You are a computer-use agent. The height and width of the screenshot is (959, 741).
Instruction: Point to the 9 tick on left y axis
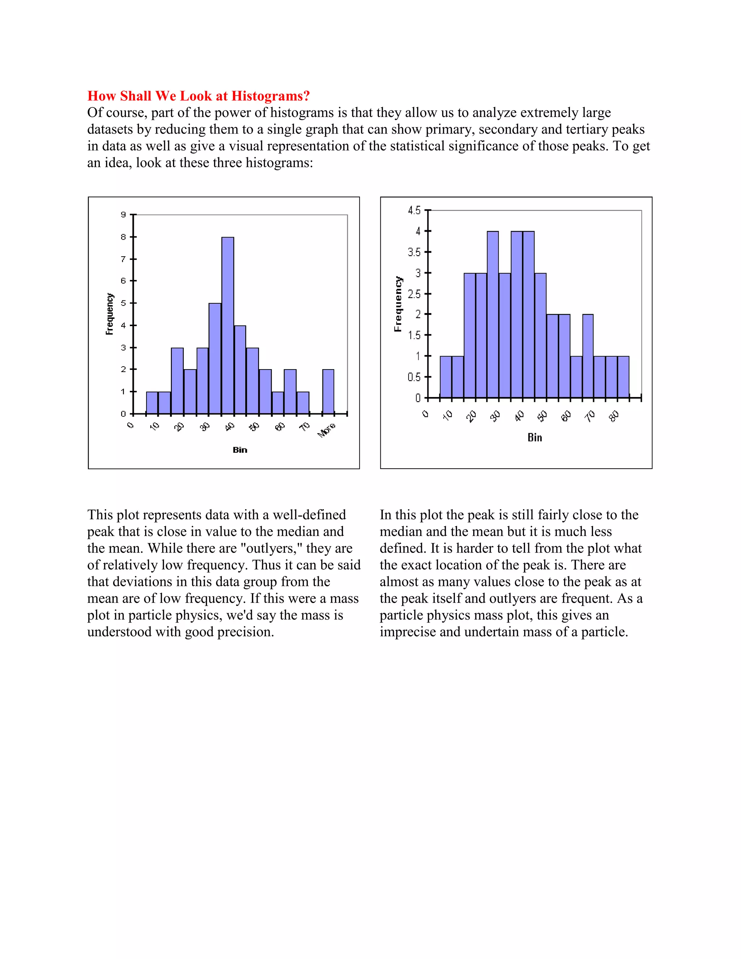pyautogui.click(x=123, y=215)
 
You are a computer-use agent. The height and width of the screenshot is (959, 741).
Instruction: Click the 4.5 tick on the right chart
pyautogui.click(x=414, y=210)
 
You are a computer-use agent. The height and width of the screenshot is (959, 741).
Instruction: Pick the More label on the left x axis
pyautogui.click(x=327, y=430)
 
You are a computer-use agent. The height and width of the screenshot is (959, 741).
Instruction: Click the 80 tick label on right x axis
pyautogui.click(x=614, y=416)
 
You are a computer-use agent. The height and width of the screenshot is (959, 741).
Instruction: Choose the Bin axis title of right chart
pyautogui.click(x=535, y=438)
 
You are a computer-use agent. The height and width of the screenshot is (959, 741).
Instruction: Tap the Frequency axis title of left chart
pyautogui.click(x=109, y=314)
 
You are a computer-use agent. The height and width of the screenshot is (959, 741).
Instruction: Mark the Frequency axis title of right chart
pyautogui.click(x=398, y=304)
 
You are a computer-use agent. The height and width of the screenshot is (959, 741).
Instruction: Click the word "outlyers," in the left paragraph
pyautogui.click(x=269, y=548)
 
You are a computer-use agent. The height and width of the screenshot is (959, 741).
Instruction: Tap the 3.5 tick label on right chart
pyautogui.click(x=414, y=252)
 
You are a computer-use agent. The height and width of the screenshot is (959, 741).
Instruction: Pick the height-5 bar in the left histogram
pyautogui.click(x=215, y=358)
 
